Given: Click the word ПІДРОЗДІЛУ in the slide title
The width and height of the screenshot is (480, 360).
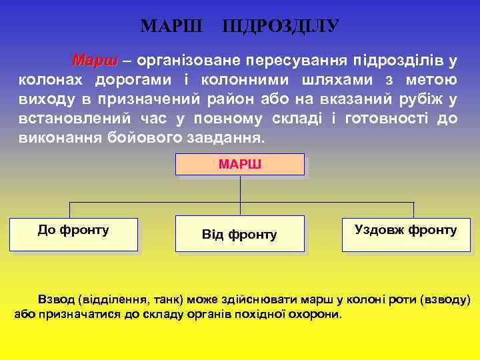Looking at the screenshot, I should (x=281, y=26).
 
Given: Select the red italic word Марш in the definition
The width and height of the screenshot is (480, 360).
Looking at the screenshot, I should (x=94, y=61).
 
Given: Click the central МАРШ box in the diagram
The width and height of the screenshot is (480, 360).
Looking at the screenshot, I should (x=239, y=165).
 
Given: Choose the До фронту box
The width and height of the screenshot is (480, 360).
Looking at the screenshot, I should (x=73, y=234).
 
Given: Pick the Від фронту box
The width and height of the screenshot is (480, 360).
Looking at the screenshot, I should (x=239, y=233).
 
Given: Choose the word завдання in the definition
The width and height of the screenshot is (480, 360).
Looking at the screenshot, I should (x=223, y=141).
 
